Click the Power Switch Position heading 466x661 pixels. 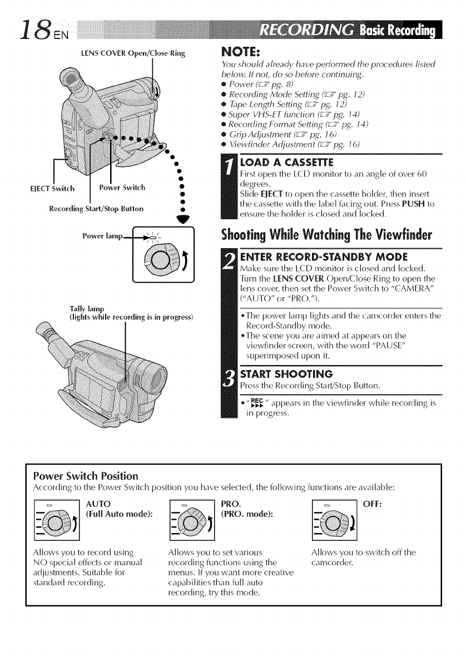pyautogui.click(x=83, y=476)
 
